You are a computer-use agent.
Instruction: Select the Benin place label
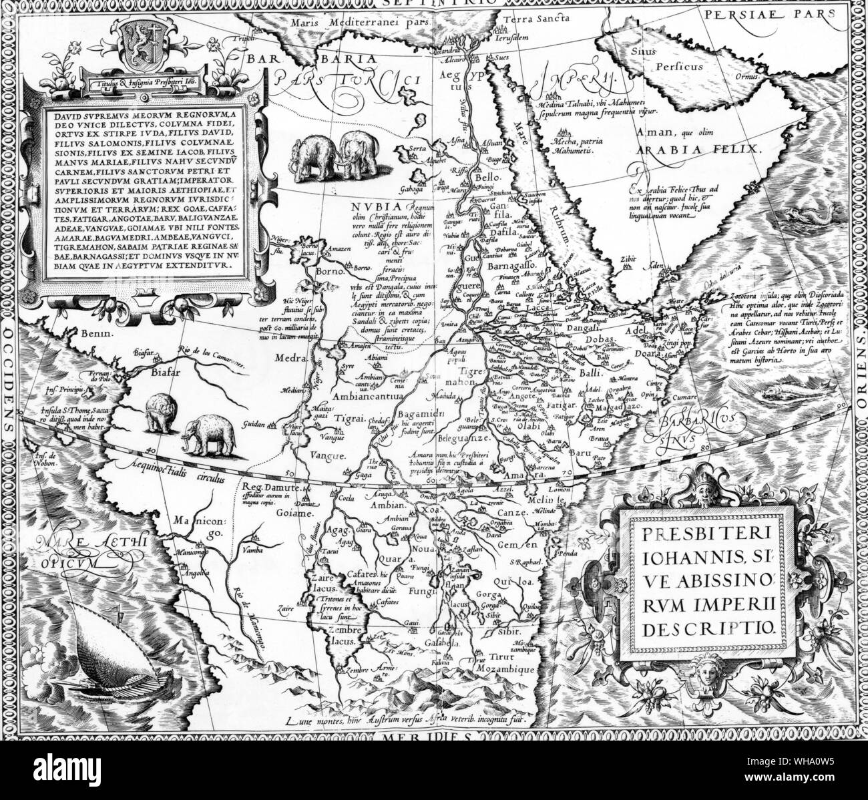click(88, 332)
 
